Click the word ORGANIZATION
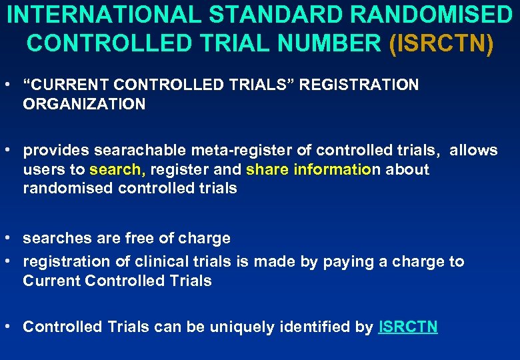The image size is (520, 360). [84, 104]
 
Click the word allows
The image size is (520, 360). [473, 151]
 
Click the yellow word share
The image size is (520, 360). [267, 169]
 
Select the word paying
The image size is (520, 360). [346, 262]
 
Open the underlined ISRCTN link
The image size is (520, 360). [408, 327]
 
